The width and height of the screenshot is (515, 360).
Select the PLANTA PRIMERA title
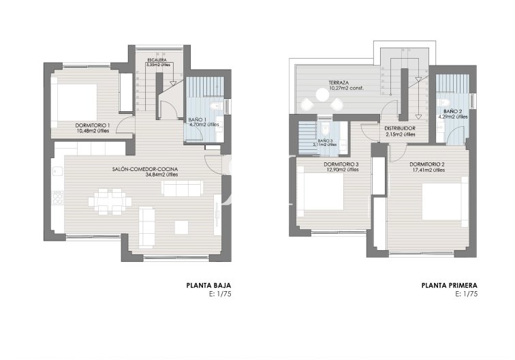pos(449,286)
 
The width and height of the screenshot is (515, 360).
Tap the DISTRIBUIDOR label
pos(400,128)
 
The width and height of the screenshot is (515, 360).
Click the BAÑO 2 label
pos(453,111)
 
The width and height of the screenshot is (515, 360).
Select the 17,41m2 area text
pos(428,170)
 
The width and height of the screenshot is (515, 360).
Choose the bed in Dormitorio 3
pos(322,191)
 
